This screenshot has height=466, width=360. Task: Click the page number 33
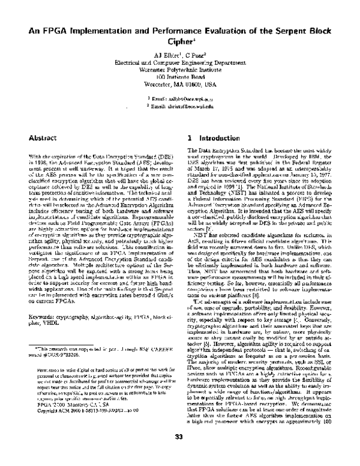(179, 453)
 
